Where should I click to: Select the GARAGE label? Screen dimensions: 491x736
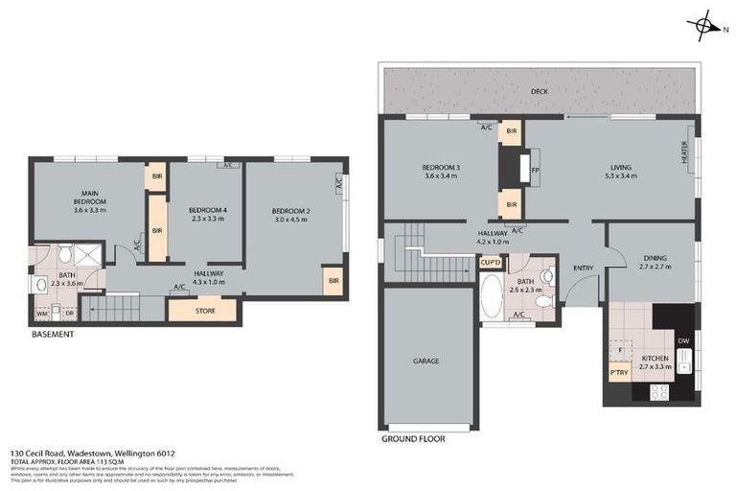tap(426, 361)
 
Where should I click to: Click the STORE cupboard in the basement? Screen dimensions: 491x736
tap(204, 310)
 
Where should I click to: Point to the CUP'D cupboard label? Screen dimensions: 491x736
tap(491, 262)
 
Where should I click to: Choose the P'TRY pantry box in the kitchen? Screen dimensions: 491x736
tap(618, 373)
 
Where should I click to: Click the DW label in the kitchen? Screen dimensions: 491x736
tap(683, 340)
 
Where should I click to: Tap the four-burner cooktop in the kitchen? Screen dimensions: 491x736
tap(660, 391)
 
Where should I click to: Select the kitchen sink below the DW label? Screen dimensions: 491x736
tap(684, 362)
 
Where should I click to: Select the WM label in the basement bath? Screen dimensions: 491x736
tap(42, 313)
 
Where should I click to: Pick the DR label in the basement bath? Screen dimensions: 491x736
tap(69, 313)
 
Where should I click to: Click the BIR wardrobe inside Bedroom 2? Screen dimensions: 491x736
tap(333, 281)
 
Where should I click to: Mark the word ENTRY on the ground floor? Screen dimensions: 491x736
tap(583, 268)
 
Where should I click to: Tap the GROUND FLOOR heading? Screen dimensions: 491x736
tap(412, 438)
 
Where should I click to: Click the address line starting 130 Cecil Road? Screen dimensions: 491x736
tap(93, 453)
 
